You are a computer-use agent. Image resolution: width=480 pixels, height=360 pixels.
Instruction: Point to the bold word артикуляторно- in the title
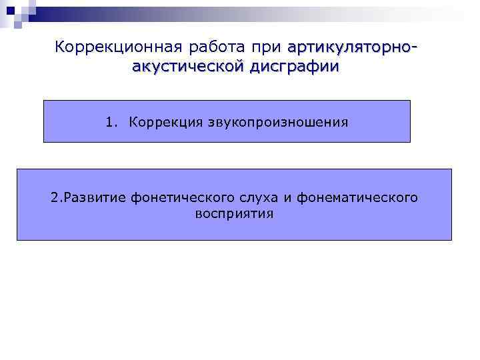pos(353,48)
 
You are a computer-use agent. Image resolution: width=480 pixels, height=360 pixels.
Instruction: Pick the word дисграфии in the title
pos(294,67)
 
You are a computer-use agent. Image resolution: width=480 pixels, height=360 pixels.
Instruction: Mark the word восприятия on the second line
pos(234,215)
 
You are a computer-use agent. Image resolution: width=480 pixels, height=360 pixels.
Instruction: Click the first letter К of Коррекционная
pos(59,47)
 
